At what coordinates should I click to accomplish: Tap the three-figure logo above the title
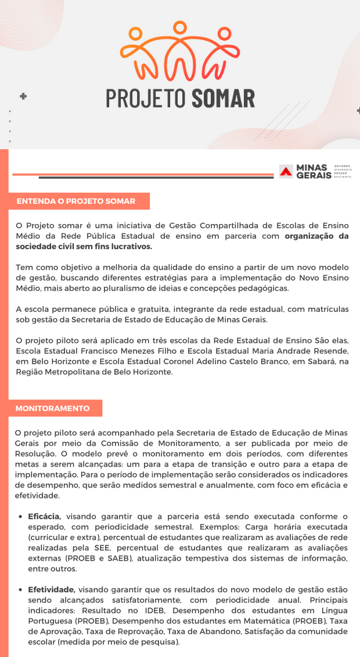(x=180, y=51)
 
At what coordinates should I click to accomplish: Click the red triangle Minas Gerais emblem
(x=286, y=171)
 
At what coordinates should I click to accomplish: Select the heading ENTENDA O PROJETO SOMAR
(x=76, y=202)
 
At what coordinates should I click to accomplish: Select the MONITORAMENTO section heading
(x=53, y=408)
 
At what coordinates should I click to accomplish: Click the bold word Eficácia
(x=45, y=516)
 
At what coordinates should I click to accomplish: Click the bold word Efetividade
(x=51, y=588)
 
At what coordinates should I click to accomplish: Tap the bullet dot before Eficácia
(x=22, y=516)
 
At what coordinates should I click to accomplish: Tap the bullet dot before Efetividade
(x=22, y=589)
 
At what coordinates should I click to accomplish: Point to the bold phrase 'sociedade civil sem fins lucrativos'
(x=84, y=246)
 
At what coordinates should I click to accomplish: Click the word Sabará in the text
(x=311, y=361)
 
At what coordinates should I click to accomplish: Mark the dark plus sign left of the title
(x=23, y=96)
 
